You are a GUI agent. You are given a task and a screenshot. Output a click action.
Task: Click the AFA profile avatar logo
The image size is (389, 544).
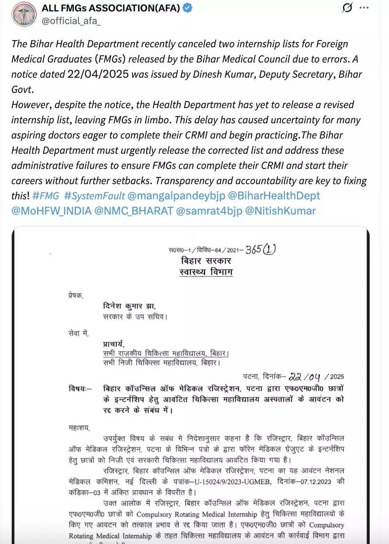(24, 14)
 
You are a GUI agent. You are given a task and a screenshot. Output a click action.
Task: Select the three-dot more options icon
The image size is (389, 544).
(364, 8)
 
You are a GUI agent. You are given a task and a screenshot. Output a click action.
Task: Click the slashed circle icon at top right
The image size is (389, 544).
(347, 8)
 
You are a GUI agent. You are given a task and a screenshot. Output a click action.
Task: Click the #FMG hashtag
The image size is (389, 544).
(46, 196)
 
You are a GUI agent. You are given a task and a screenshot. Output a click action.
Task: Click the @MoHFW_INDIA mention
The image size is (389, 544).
(51, 211)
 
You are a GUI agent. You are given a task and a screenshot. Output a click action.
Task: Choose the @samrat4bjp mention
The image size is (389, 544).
(209, 211)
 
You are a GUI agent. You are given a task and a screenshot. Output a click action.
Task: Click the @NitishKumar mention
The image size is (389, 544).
(281, 211)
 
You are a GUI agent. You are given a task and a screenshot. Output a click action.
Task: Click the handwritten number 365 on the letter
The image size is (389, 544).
(254, 249)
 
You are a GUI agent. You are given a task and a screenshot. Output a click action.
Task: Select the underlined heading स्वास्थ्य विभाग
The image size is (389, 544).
(205, 272)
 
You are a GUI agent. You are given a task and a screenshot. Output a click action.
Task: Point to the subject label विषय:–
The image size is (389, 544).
(80, 388)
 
